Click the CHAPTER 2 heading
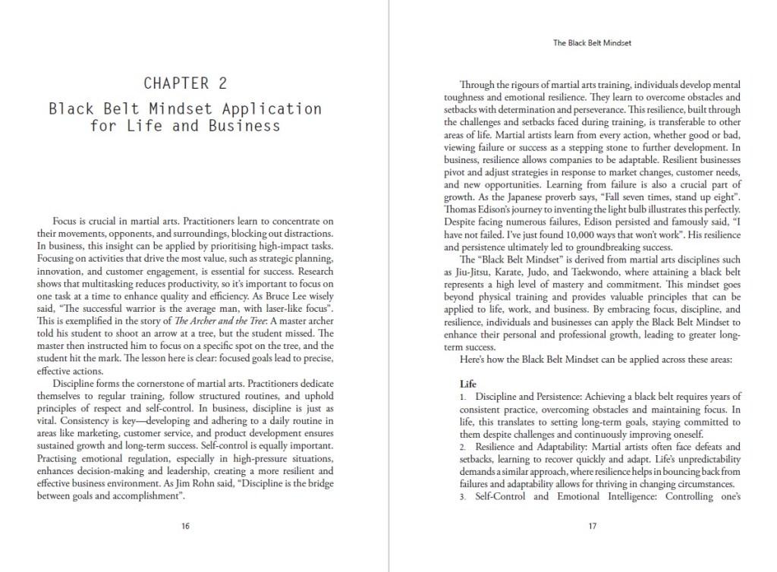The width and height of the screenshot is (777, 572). pyautogui.click(x=185, y=83)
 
